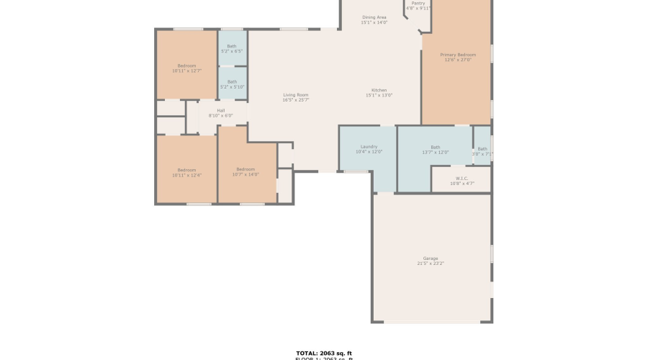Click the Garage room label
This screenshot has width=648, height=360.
pyautogui.click(x=431, y=258)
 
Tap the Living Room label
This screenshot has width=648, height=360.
pyautogui.click(x=295, y=95)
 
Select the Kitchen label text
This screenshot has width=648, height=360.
pyautogui.click(x=379, y=90)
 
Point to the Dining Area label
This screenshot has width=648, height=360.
pyautogui.click(x=374, y=17)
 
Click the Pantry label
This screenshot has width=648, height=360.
pyautogui.click(x=418, y=3)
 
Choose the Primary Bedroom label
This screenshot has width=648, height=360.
pyautogui.click(x=458, y=55)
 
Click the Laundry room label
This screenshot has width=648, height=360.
pyautogui.click(x=369, y=147)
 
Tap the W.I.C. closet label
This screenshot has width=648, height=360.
pyautogui.click(x=462, y=179)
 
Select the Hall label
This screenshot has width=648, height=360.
pyautogui.click(x=220, y=111)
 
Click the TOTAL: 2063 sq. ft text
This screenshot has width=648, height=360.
pyautogui.click(x=323, y=353)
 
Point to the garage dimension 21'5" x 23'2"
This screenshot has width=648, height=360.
pyautogui.click(x=431, y=264)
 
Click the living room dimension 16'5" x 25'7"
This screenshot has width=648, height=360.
pyautogui.click(x=295, y=100)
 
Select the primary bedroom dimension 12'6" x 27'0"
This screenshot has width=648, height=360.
pyautogui.click(x=458, y=60)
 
